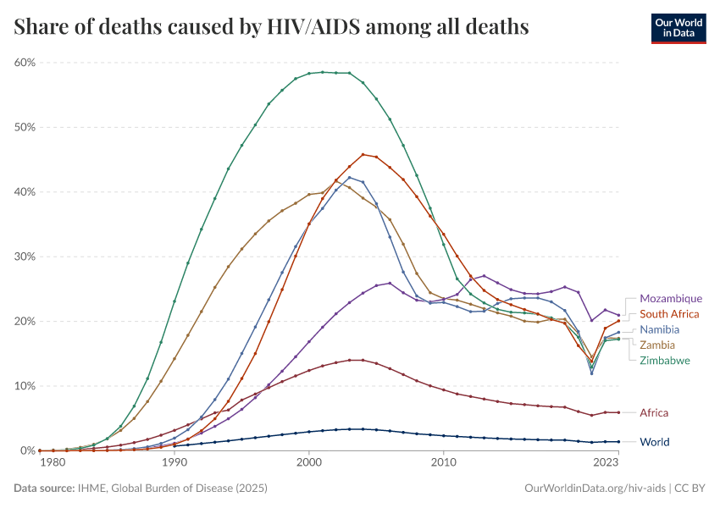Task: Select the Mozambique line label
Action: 671,299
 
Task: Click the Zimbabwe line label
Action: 665,360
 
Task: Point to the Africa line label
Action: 654,412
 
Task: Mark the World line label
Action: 654,442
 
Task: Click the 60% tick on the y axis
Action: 25,63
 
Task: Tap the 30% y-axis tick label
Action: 25,257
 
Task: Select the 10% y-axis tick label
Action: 25,386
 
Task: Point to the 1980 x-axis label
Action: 53,462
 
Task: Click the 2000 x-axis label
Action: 309,462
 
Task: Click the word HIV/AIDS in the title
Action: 309,27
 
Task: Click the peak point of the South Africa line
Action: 363,154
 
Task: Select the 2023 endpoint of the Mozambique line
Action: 618,315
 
